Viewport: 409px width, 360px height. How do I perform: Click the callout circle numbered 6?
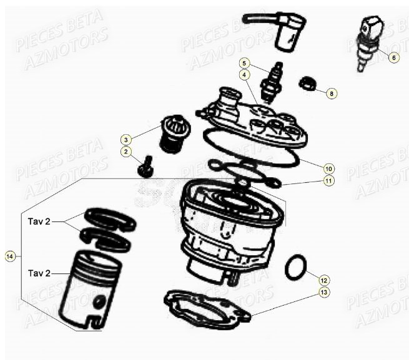[393, 57]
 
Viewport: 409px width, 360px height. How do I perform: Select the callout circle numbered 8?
[332, 93]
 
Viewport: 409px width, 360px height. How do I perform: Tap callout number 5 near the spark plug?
[245, 63]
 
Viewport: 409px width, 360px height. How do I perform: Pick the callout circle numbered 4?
[245, 74]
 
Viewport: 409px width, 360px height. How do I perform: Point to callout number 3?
[126, 139]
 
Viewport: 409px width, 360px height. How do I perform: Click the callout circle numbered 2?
[126, 151]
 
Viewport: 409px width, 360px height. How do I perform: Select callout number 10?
[328, 168]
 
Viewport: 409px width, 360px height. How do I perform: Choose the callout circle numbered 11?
[328, 181]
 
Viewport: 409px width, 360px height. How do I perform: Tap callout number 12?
[323, 280]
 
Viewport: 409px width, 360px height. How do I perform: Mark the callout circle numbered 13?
[323, 291]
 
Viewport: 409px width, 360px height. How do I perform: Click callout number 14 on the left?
[9, 256]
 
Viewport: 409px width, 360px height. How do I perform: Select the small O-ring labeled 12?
[295, 268]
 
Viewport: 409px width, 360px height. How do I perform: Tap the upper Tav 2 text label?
[39, 221]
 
